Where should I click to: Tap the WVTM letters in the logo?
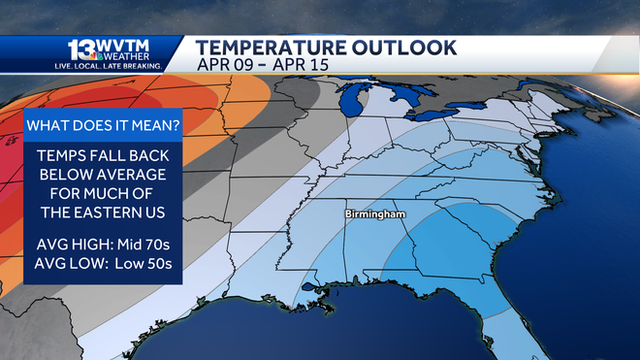point(123,45)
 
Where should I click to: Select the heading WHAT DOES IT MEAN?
point(101,126)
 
